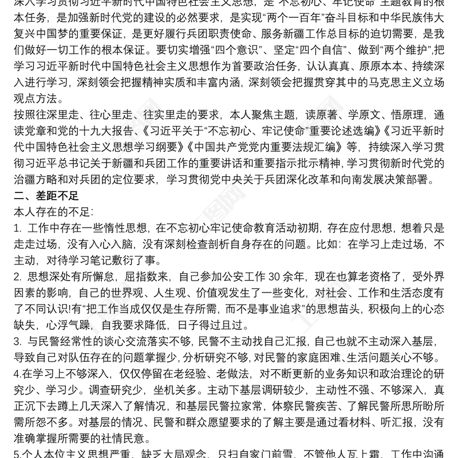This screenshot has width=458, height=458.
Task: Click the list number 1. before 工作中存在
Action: tap(17, 229)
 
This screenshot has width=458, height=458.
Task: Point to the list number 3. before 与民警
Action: tap(17, 342)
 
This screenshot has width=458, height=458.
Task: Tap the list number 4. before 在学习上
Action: tap(17, 375)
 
